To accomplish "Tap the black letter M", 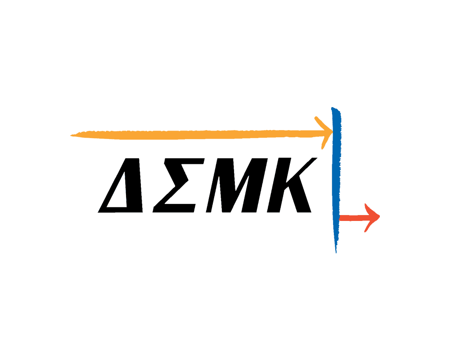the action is (x=237, y=185).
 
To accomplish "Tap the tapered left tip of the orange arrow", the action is (x=71, y=135).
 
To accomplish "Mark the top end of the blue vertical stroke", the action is (x=333, y=108).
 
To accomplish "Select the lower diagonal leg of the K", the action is (x=300, y=196).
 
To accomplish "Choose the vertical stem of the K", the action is (x=278, y=185).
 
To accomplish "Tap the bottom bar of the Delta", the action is (x=121, y=210).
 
